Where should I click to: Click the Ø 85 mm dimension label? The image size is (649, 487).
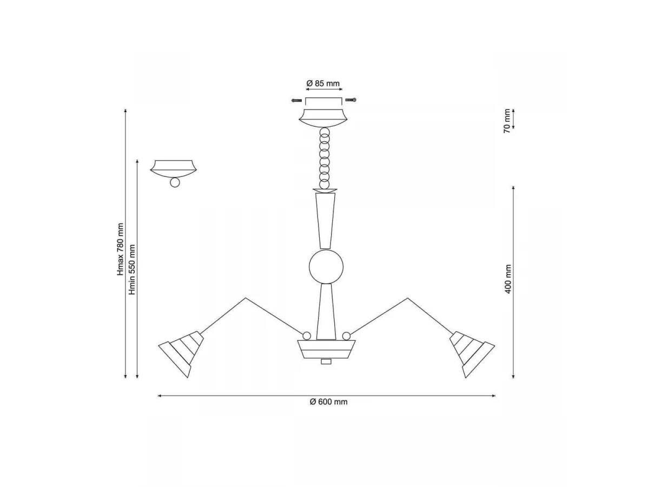[322, 83]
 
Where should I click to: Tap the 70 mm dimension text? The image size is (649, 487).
[507, 121]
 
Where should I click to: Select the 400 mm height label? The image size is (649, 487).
[508, 279]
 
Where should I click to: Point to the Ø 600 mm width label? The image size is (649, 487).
[328, 402]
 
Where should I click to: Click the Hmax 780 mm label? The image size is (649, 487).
[121, 249]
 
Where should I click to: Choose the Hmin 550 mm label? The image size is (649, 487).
[132, 269]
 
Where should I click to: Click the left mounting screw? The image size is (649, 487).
[296, 101]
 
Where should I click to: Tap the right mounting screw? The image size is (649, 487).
[350, 100]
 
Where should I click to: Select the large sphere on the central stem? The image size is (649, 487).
[326, 267]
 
